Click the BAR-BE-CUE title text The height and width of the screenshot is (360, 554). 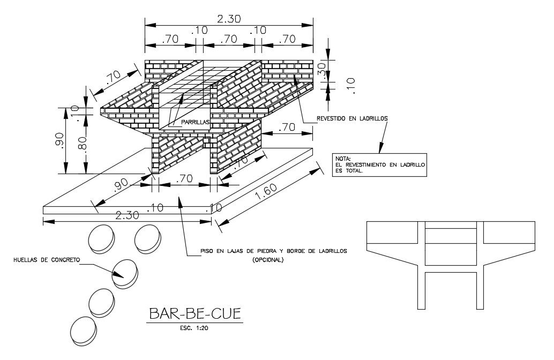(194, 313)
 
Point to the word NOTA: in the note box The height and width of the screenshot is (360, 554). (343, 159)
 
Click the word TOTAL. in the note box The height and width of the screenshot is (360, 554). (354, 172)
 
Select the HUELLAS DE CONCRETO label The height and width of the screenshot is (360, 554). (47, 260)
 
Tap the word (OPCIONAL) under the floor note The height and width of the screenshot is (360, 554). (268, 260)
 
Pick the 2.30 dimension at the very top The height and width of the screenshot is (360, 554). (229, 19)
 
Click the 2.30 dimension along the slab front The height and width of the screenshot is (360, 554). (128, 215)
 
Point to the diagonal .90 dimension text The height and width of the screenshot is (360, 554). (122, 184)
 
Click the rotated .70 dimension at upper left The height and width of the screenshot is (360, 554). (113, 79)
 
